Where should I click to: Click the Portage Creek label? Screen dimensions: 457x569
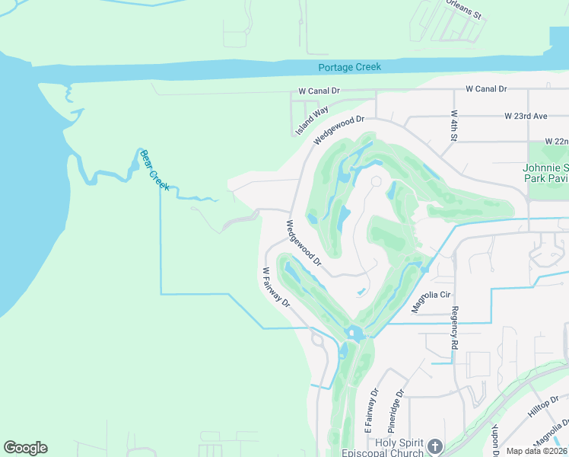pyautogui.click(x=349, y=67)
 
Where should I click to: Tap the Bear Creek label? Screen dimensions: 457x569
pyautogui.click(x=154, y=169)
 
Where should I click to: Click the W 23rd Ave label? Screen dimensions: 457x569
pyautogui.click(x=526, y=117)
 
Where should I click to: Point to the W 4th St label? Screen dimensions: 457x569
pyautogui.click(x=451, y=126)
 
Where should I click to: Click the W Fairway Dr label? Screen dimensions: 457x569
pyautogui.click(x=276, y=286)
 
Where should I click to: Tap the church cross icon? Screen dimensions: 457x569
pyautogui.click(x=434, y=446)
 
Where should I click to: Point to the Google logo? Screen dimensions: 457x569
pyautogui.click(x=25, y=448)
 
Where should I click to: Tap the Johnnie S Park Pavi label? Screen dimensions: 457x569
pyautogui.click(x=545, y=172)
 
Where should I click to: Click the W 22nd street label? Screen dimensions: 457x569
pyautogui.click(x=556, y=142)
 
